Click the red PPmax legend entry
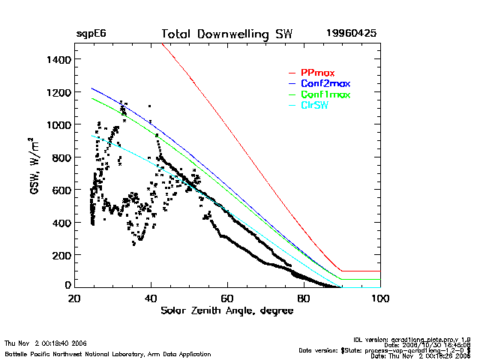coord(316,73)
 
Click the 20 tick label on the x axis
coord(74,298)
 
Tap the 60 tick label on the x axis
coord(227,298)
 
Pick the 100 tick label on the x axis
coord(380,298)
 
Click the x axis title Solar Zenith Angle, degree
coord(227,310)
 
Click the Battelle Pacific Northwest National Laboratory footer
coord(107,353)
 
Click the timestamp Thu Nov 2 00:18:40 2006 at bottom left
coord(46,343)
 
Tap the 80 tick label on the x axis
coord(304,298)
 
